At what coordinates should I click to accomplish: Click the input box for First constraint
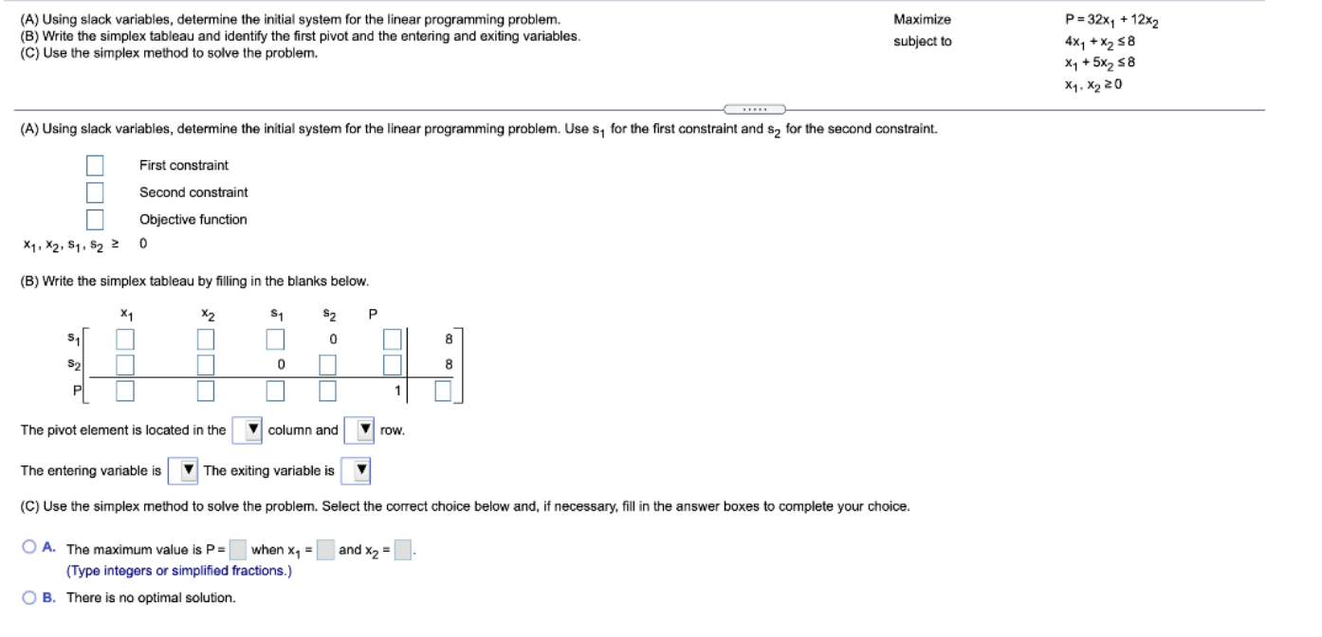95,166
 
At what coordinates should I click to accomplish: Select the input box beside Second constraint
95,192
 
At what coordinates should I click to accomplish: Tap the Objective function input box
95,220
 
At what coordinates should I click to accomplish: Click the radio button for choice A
29,547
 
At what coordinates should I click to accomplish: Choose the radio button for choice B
29,597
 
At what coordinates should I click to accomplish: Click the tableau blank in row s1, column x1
125,338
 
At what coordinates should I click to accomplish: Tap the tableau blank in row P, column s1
275,391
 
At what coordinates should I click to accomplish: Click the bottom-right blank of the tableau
444,391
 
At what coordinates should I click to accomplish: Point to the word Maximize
922,19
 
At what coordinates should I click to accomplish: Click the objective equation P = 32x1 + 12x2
1111,22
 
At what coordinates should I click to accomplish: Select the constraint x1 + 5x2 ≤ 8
1099,63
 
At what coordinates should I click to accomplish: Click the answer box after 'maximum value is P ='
237,549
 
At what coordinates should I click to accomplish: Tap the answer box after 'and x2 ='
403,549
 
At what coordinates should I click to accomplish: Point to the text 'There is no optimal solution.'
151,597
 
